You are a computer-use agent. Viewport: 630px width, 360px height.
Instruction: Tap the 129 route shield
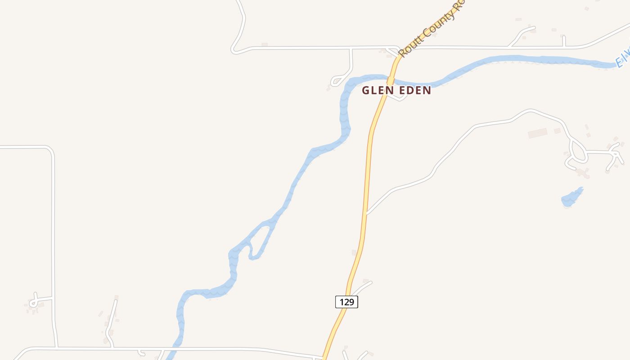pyautogui.click(x=346, y=302)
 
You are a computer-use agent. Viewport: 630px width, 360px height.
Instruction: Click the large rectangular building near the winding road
pyautogui.click(x=537, y=133)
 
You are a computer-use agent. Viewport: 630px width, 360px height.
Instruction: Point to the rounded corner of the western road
pyautogui.click(x=50, y=150)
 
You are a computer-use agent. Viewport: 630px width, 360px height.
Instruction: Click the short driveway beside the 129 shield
pyautogui.click(x=363, y=286)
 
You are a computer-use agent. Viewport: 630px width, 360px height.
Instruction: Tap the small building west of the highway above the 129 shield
pyautogui.click(x=354, y=252)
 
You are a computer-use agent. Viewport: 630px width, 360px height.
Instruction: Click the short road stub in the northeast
pyautogui.click(x=563, y=41)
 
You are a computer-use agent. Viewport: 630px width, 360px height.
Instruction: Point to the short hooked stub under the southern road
pyautogui.click(x=141, y=353)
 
